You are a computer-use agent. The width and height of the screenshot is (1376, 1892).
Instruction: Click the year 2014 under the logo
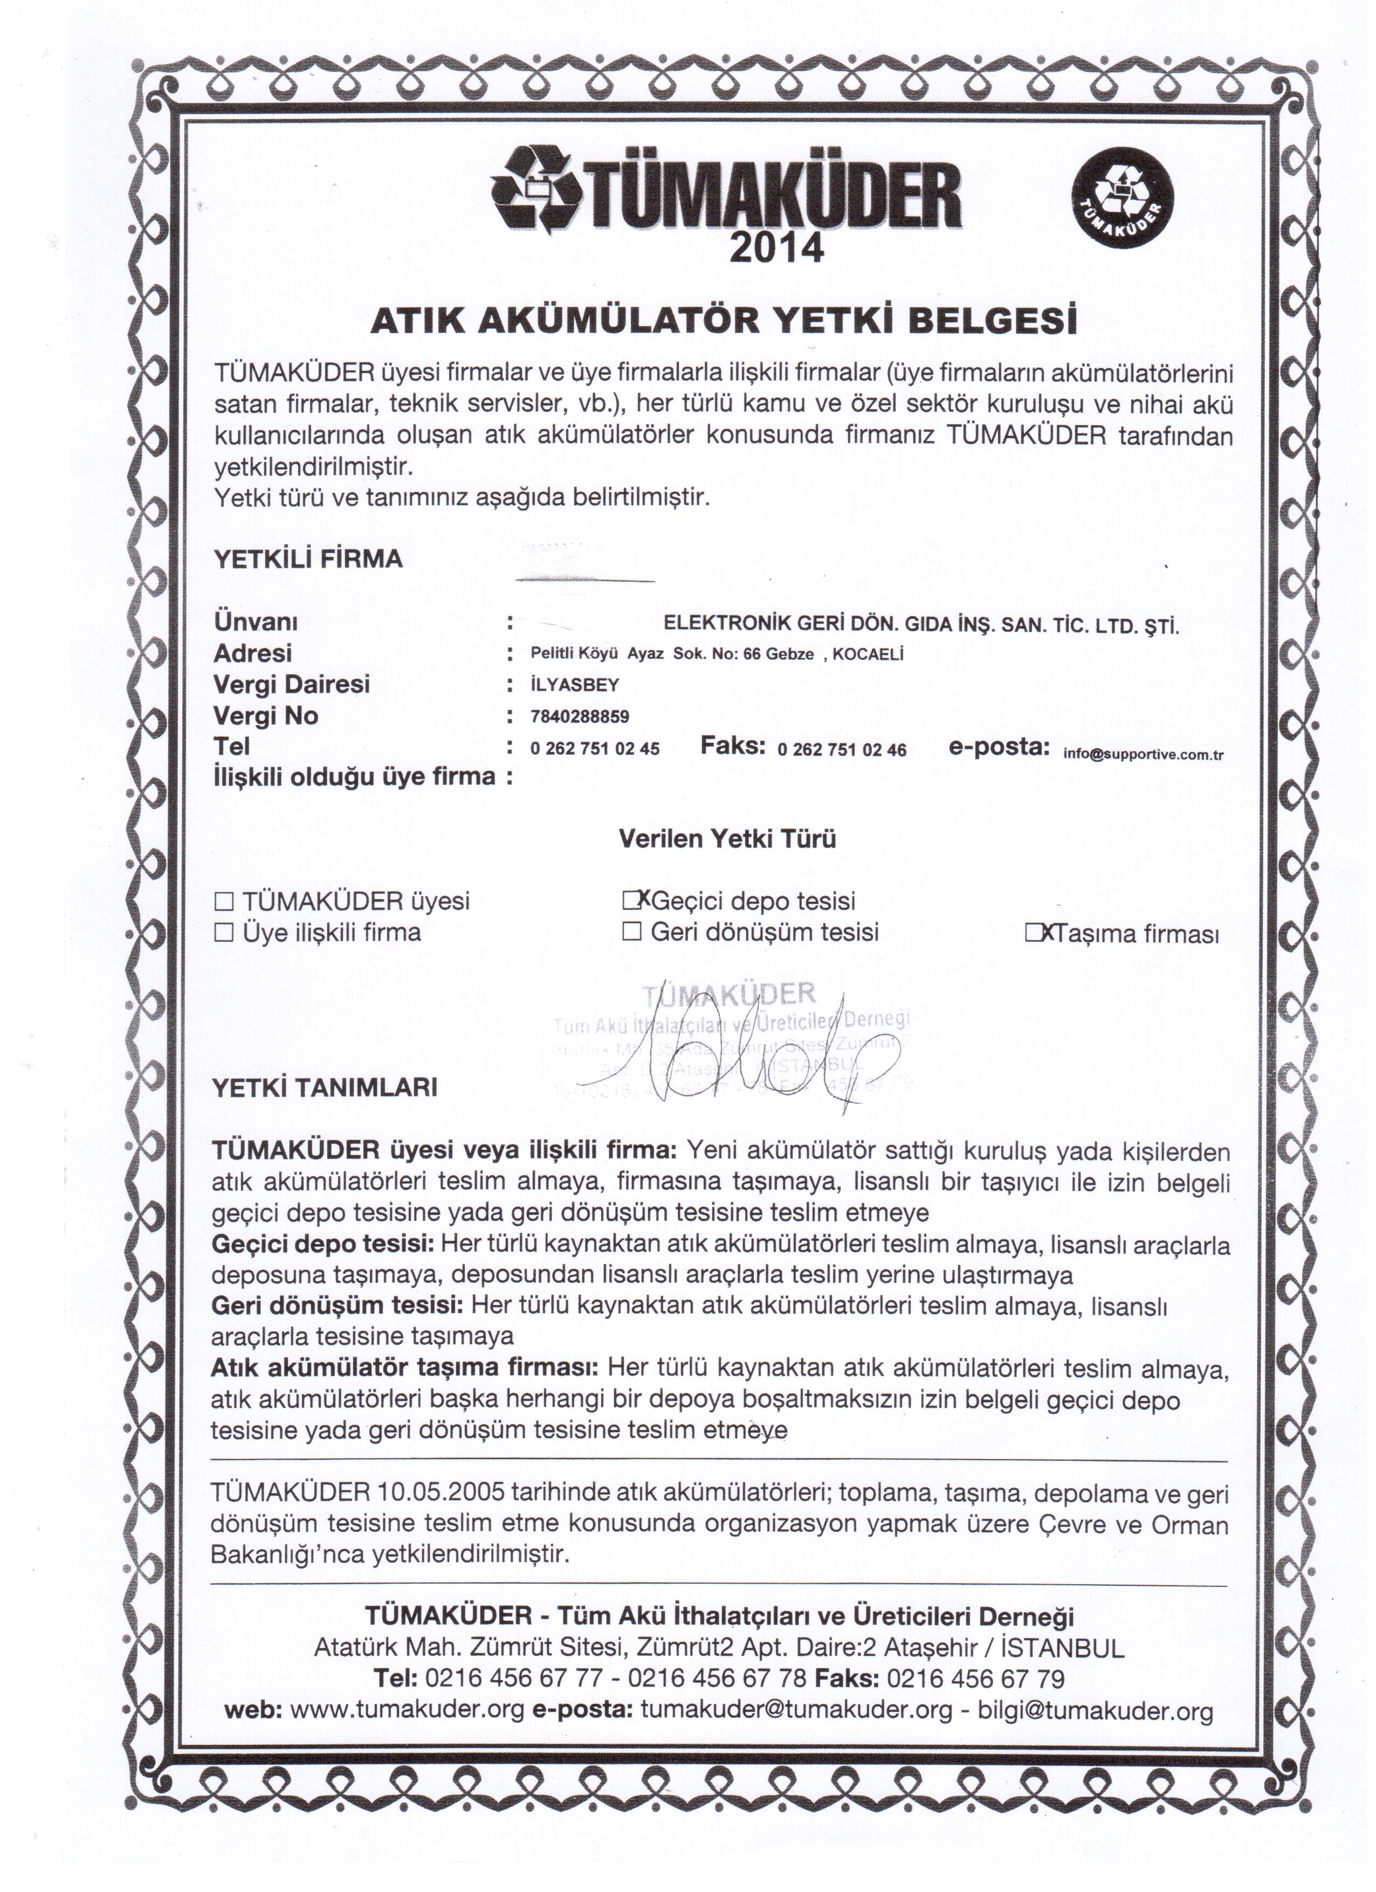click(x=775, y=248)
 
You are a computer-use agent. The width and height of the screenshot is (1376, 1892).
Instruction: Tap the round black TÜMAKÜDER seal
click(x=1123, y=204)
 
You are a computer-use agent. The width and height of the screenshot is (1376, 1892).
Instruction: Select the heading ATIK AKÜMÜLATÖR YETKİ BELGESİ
click(x=723, y=320)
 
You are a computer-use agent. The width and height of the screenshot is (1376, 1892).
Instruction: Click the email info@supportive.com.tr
click(x=1143, y=754)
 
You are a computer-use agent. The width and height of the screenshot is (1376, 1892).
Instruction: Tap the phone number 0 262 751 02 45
click(x=594, y=748)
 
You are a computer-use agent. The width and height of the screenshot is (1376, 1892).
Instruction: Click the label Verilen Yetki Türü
click(x=727, y=838)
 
